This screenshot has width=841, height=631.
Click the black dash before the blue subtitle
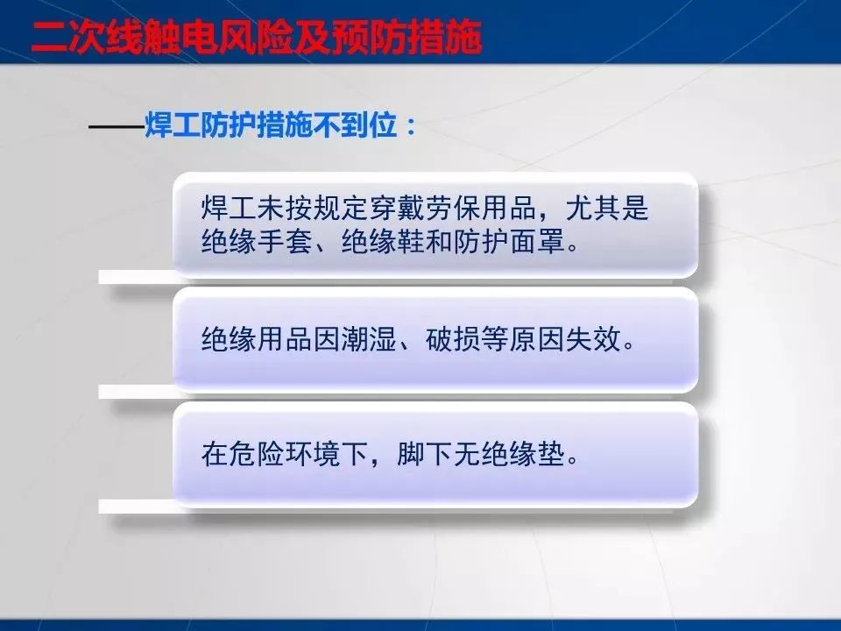117,127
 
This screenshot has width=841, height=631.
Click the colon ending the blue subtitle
411,126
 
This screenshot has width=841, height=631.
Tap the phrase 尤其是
607,208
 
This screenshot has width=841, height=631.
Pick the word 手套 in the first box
284,241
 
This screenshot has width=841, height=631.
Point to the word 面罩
537,241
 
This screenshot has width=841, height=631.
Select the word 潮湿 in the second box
369,339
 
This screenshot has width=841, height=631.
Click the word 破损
453,339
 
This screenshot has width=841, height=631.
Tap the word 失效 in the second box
594,339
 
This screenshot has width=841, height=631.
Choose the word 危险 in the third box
257,455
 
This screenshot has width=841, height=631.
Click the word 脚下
425,455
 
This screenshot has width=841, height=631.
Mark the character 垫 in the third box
551,455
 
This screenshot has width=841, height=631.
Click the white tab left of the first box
137,278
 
